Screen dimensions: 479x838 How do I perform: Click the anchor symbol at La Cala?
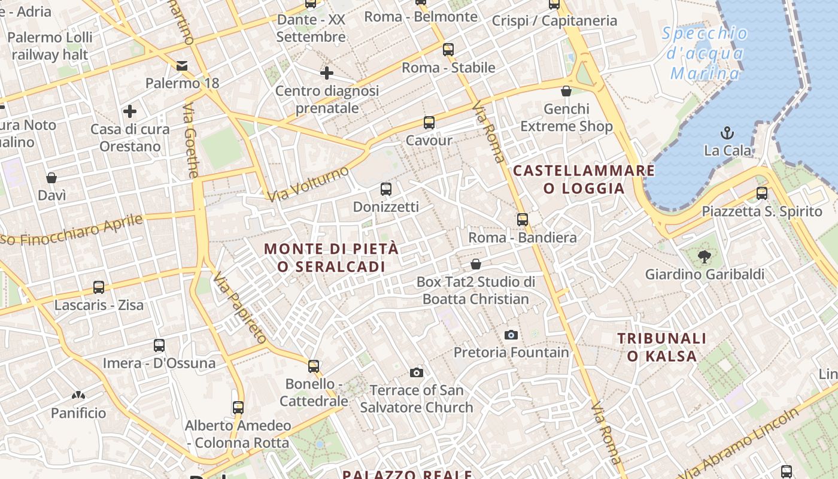pyautogui.click(x=727, y=132)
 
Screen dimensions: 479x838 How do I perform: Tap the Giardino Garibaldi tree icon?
pyautogui.click(x=704, y=257)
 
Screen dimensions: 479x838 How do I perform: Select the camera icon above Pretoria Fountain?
pyautogui.click(x=511, y=335)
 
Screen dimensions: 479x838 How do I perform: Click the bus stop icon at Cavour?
pyautogui.click(x=429, y=123)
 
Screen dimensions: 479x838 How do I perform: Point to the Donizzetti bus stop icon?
pyautogui.click(x=386, y=189)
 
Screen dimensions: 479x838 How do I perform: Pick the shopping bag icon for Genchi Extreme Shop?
pyautogui.click(x=566, y=91)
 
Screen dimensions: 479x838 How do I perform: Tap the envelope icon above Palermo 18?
pyautogui.click(x=182, y=65)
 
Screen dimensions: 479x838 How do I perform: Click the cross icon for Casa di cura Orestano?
pyautogui.click(x=129, y=111)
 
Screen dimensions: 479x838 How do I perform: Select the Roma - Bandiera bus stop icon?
pyautogui.click(x=523, y=220)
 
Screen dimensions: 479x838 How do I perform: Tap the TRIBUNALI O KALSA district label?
pyautogui.click(x=662, y=347)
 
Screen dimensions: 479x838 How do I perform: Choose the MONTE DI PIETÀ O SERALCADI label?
pyautogui.click(x=331, y=257)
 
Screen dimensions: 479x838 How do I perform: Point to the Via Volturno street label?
pyautogui.click(x=308, y=184)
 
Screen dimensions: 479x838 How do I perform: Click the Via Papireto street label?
pyautogui.click(x=240, y=307)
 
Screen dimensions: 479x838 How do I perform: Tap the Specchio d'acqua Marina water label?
pyautogui.click(x=705, y=53)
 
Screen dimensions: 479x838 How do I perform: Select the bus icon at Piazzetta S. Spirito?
pyautogui.click(x=761, y=193)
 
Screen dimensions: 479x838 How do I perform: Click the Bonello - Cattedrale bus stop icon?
pyautogui.click(x=314, y=366)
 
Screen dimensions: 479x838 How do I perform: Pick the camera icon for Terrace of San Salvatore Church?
pyautogui.click(x=417, y=373)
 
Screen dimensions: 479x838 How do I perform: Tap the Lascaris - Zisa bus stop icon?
pyautogui.click(x=99, y=287)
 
